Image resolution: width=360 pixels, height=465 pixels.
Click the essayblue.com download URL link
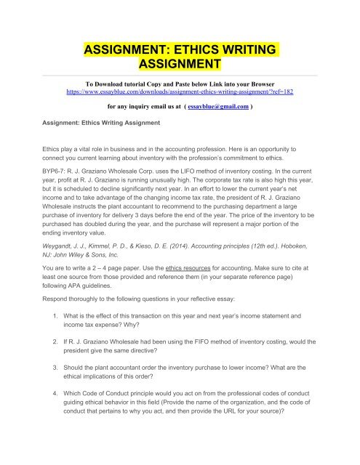point(180,94)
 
